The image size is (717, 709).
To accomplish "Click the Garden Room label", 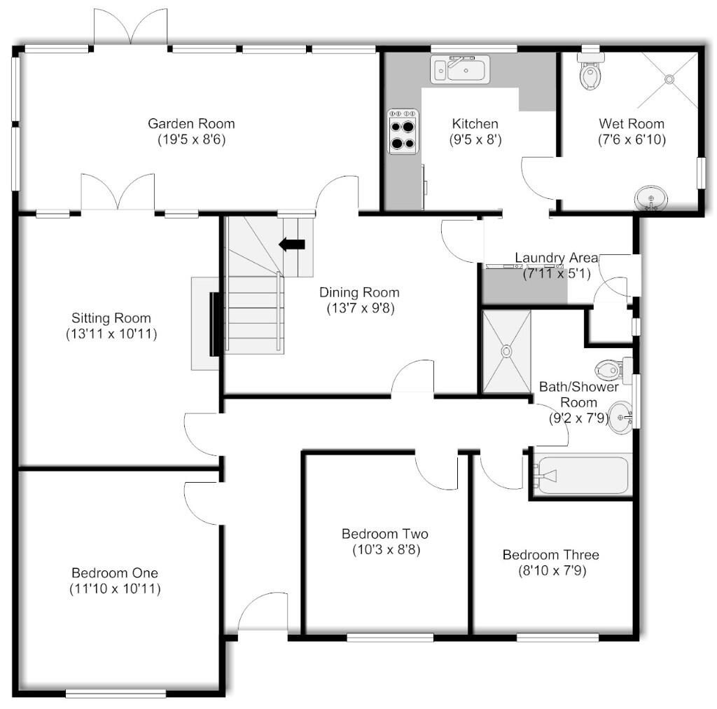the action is tap(191, 123).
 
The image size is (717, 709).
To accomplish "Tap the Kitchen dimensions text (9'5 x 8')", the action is tap(475, 139).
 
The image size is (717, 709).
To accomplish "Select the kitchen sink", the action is tap(460, 69).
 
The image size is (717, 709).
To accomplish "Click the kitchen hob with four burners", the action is tap(403, 131).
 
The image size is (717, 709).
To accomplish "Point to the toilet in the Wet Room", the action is tap(590, 71).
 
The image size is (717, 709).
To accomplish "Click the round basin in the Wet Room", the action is tap(651, 198).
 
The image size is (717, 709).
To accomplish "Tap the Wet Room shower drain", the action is tap(669, 80).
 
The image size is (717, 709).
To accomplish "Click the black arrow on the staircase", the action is tap(292, 245).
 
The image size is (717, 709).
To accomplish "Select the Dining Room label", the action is tap(359, 292).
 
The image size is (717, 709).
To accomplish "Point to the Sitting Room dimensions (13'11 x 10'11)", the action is tap(111, 334).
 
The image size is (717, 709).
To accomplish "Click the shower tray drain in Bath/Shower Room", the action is tap(507, 351).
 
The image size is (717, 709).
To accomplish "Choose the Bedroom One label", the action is tap(115, 572).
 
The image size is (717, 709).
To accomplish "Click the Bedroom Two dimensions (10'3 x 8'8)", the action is tap(387, 549).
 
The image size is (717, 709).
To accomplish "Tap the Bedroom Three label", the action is tap(551, 555).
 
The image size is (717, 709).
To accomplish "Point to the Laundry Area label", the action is tap(557, 258).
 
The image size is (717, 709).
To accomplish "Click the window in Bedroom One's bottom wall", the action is tap(116, 694).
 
